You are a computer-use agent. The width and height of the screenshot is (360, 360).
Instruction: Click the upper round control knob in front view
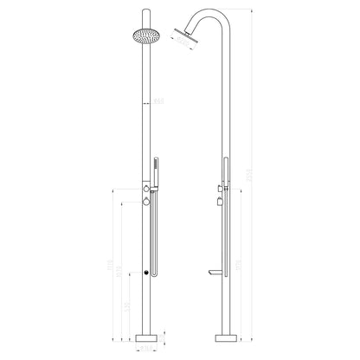145,188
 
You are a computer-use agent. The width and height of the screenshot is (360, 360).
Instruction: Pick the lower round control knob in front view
145,200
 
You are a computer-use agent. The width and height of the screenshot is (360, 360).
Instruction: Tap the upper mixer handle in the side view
210,187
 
